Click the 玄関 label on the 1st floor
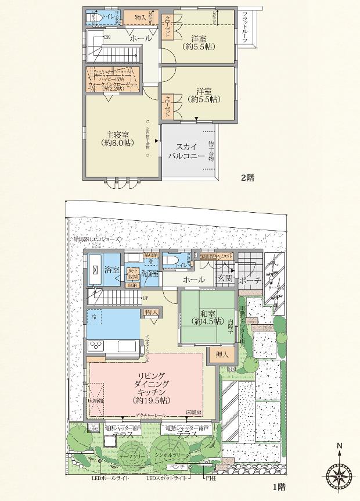pyautogui.click(x=225, y=280)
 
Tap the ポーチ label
pyautogui.click(x=250, y=280)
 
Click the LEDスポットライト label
pyautogui.click(x=167, y=478)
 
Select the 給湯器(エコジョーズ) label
pyautogui.click(x=97, y=239)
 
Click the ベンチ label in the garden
pyautogui.click(x=177, y=466)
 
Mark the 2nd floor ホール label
pyautogui.click(x=141, y=38)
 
